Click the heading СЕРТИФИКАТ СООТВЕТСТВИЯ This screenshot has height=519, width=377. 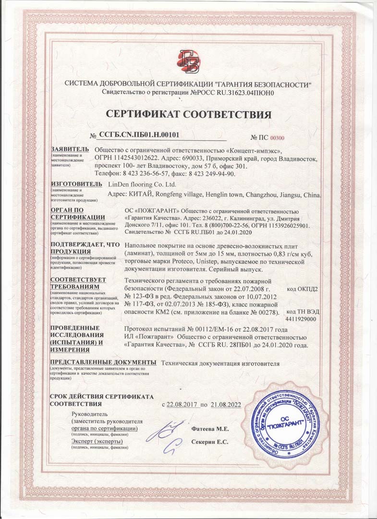[189, 114]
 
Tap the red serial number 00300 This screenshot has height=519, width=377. [278, 138]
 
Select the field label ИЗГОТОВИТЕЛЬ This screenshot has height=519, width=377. [76, 184]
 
